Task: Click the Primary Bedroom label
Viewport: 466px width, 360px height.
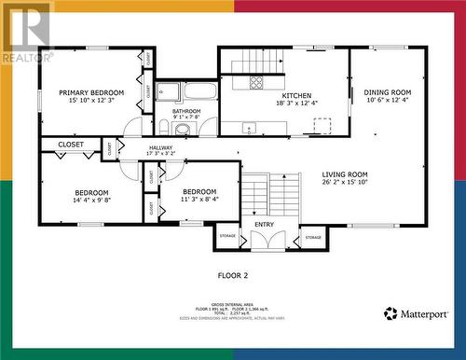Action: (91, 92)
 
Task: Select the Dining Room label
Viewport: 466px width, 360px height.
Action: (387, 92)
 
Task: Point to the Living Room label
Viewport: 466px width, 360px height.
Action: (345, 174)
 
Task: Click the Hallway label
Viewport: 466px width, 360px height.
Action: (160, 146)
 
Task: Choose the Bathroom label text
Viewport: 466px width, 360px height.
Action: (185, 110)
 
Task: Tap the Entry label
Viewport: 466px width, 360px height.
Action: (265, 224)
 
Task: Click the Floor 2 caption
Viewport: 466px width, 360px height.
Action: (232, 276)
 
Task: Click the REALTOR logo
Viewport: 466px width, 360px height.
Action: (26, 33)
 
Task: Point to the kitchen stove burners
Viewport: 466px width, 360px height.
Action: (255, 82)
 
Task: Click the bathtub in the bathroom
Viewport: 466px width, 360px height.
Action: (199, 91)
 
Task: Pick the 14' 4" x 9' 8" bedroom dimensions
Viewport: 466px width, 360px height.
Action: (92, 200)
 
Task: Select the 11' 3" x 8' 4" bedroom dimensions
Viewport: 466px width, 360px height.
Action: (199, 199)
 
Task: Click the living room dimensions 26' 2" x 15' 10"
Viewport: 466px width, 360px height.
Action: (345, 183)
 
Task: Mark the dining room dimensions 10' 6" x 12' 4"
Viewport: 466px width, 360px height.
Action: (387, 101)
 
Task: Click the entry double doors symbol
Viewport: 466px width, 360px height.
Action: (265, 239)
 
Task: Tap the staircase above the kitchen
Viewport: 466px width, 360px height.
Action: (255, 61)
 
